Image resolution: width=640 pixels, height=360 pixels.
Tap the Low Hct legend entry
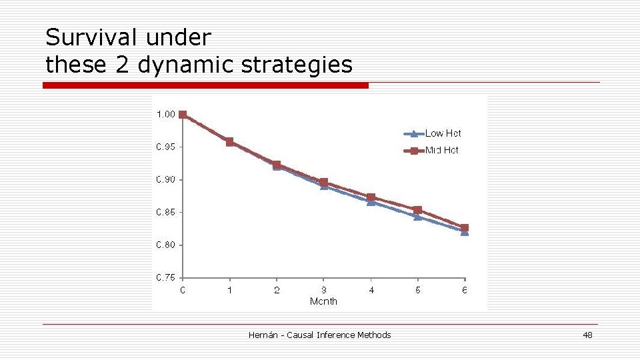[x=443, y=133]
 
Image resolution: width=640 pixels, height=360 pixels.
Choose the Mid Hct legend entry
[x=441, y=151]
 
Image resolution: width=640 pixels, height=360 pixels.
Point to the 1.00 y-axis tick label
[x=165, y=115]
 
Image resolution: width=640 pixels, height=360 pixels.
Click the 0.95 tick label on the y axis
[x=165, y=147]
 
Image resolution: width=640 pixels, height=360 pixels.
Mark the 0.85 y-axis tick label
[x=165, y=213]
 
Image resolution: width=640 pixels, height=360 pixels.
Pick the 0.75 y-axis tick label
[x=165, y=278]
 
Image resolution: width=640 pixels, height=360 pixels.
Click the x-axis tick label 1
[x=230, y=290]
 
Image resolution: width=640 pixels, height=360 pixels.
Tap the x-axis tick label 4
[x=371, y=290]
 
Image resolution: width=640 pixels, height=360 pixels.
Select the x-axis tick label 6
[x=465, y=290]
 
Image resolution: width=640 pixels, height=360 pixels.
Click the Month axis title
[x=323, y=301]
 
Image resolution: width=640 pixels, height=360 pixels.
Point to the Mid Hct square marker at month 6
[x=465, y=227]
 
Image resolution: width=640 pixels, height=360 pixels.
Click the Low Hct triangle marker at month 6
[x=465, y=233]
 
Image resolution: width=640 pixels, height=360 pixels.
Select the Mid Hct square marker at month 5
[x=418, y=210]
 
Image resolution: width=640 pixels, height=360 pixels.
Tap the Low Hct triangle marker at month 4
[x=371, y=202]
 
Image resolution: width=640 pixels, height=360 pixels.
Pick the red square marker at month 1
[x=230, y=142]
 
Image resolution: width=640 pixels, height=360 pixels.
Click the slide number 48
[x=587, y=335]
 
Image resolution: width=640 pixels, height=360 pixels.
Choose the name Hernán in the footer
[x=263, y=335]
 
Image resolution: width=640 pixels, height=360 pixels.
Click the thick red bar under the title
[x=205, y=85]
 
